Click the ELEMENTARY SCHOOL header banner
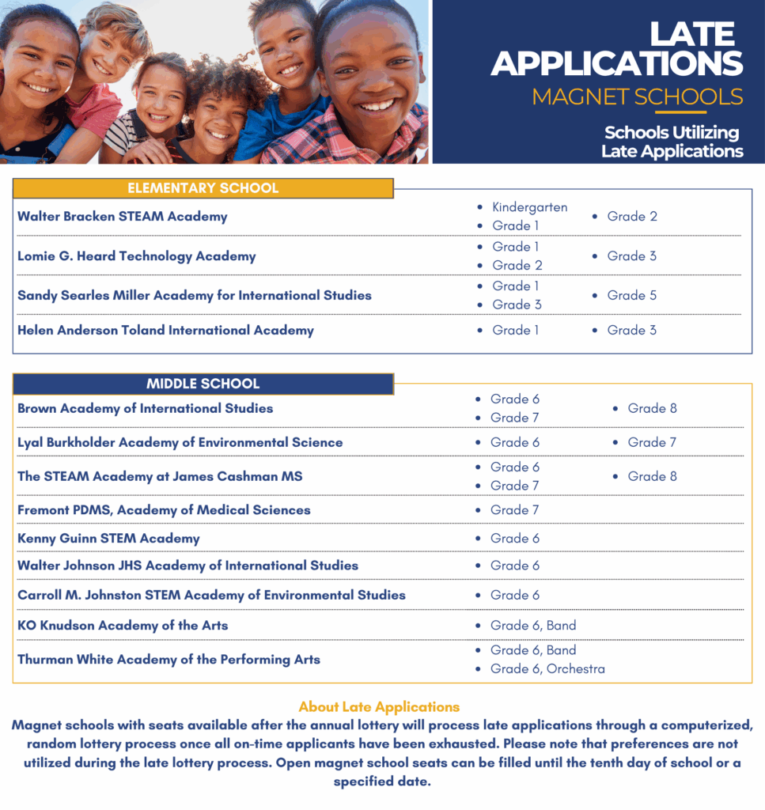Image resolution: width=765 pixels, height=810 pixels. (x=203, y=188)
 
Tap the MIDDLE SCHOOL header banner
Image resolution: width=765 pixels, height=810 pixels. (x=203, y=384)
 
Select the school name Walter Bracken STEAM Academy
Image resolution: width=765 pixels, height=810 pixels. (x=123, y=216)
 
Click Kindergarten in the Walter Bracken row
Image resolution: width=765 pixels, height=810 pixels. (x=529, y=207)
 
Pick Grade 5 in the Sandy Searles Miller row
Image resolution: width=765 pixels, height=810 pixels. (x=631, y=295)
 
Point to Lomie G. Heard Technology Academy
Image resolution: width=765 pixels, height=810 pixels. (x=137, y=255)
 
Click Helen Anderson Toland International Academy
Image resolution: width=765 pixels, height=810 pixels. (x=165, y=330)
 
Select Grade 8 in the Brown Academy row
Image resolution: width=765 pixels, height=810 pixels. (x=652, y=408)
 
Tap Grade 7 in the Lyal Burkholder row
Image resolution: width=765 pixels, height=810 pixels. (x=652, y=442)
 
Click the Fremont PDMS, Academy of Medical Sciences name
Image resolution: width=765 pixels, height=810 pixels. (x=164, y=510)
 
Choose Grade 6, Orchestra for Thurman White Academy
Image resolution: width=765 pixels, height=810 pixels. (x=547, y=669)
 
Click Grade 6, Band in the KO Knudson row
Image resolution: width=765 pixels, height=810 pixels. (x=533, y=625)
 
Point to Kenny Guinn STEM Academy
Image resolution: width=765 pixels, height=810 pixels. (x=108, y=538)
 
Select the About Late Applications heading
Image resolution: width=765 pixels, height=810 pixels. (x=379, y=706)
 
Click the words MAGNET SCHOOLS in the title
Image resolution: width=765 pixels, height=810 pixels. (x=638, y=97)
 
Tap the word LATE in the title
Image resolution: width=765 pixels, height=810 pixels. (x=692, y=34)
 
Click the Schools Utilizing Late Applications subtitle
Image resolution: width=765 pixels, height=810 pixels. (x=672, y=142)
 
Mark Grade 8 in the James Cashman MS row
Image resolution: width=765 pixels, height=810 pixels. (x=652, y=476)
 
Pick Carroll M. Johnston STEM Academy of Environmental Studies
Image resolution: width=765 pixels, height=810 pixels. (x=211, y=595)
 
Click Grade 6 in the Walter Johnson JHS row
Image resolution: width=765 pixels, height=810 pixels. (x=514, y=566)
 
